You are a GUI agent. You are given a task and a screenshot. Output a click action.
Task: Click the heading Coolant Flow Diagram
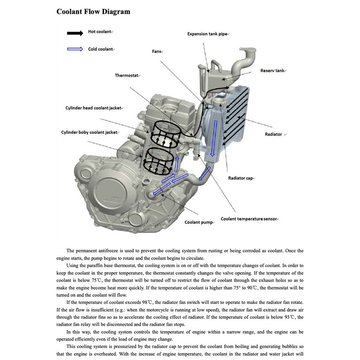[93, 11]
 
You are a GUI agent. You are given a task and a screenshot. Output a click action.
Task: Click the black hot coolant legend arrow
[75, 33]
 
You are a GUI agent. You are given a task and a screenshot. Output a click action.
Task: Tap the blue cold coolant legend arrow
[75, 49]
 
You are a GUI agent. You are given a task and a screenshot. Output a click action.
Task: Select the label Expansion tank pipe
[207, 34]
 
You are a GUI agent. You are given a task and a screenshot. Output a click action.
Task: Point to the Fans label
[157, 52]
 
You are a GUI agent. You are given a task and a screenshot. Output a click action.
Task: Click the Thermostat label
[127, 75]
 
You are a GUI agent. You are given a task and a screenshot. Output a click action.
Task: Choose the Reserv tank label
[272, 71]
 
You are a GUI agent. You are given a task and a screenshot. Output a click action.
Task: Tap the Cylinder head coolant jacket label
[93, 108]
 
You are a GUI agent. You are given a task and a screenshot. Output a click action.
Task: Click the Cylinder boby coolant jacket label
[89, 132]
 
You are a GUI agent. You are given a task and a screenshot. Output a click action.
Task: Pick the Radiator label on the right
[273, 134]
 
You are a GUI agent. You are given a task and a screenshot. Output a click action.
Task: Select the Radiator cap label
[241, 178]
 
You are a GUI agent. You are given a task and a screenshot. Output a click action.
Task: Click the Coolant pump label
[198, 222]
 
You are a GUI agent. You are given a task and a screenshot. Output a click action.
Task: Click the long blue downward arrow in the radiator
[212, 143]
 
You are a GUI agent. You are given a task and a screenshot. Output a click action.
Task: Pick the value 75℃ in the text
[97, 280]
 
